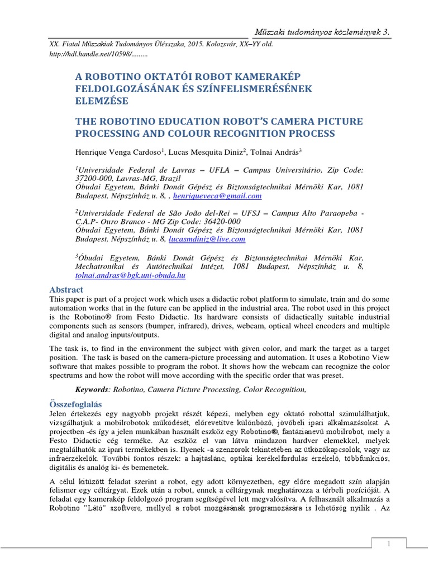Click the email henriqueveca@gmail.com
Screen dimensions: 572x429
pyautogui.click(x=217, y=197)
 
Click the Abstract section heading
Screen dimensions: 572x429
pyautogui.click(x=66, y=289)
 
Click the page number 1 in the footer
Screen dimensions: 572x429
pyautogui.click(x=389, y=544)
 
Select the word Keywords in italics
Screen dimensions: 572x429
pyautogui.click(x=93, y=389)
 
